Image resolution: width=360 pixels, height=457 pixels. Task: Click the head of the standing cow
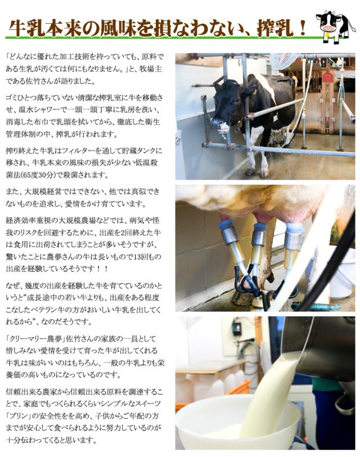217,109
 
